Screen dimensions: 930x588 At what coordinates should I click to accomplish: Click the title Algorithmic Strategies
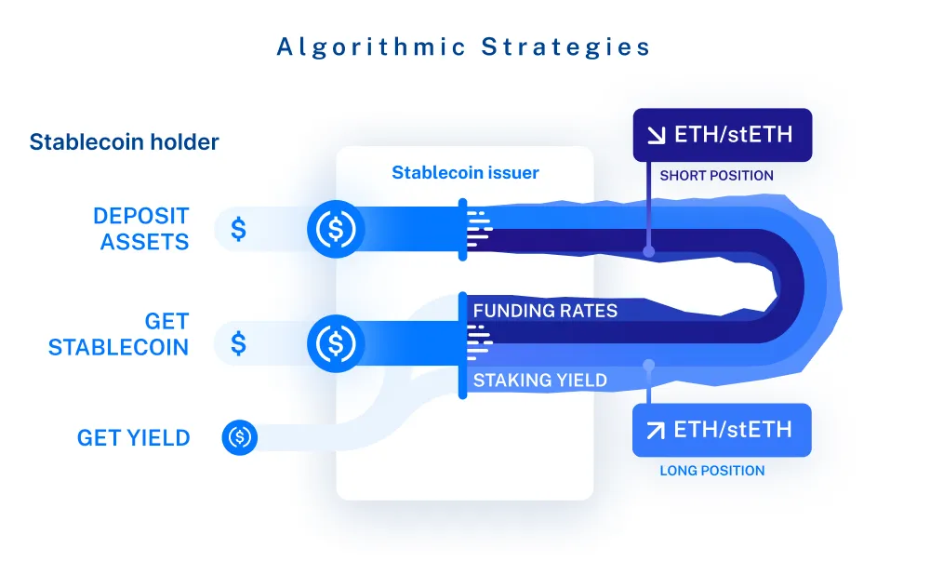pos(463,47)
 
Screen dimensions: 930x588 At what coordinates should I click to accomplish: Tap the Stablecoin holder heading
pos(124,141)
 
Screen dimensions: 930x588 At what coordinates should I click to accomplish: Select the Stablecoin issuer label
pos(465,173)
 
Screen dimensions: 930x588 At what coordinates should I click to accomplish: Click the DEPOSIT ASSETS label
pos(141,229)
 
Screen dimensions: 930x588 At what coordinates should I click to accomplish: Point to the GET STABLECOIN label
pos(119,334)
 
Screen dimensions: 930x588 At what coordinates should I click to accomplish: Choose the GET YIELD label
pos(133,438)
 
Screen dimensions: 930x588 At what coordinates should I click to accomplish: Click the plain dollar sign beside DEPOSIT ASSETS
pos(238,229)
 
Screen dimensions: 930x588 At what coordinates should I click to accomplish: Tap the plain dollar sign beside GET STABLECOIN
pos(238,343)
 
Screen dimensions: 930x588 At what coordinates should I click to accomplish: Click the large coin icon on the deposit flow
pos(336,229)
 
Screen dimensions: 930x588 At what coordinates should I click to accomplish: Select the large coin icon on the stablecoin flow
pos(336,343)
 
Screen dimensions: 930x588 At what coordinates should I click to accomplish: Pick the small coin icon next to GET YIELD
pos(240,437)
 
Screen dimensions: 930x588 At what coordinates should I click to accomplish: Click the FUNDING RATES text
pos(545,311)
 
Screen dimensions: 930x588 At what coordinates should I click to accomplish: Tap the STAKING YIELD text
pos(539,380)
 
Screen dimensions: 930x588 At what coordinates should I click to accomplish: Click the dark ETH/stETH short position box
pos(723,135)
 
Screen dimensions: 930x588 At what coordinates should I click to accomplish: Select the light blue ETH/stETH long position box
pos(722,430)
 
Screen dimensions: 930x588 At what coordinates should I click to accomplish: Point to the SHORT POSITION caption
pos(716,176)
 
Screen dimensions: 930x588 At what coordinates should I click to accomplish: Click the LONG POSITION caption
pos(712,471)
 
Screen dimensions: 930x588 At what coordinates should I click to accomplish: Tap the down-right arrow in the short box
pos(656,135)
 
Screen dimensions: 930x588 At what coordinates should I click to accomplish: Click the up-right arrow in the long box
pos(656,430)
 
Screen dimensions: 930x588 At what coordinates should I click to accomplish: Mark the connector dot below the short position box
pos(649,251)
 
